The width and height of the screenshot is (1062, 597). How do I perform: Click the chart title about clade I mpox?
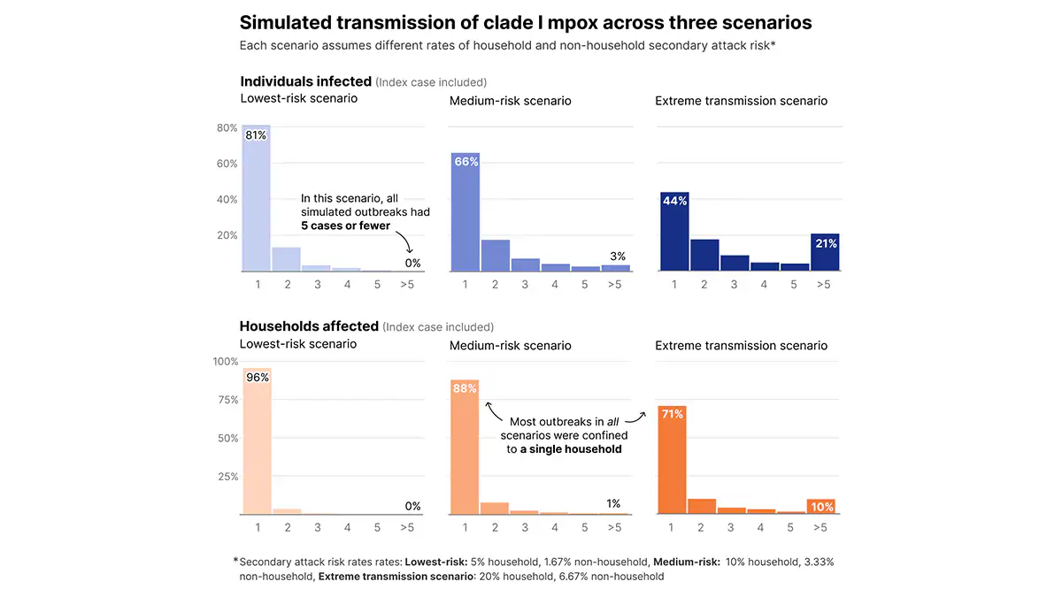(526, 22)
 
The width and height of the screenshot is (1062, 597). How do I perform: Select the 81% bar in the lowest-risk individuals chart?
(257, 199)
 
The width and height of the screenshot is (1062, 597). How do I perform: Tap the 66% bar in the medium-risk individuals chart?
(466, 212)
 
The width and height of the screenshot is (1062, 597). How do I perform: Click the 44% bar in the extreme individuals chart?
(674, 232)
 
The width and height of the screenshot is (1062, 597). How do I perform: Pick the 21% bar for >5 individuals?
(825, 253)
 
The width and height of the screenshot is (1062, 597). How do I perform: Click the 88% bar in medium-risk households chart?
(466, 447)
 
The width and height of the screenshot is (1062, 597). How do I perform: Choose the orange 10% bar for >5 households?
(821, 507)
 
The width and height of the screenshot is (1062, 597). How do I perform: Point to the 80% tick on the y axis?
(227, 127)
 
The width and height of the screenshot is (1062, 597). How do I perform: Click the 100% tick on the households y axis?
(226, 361)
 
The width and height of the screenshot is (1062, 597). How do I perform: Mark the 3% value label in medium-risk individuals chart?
(617, 256)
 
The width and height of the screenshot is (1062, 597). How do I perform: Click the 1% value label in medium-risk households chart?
(613, 504)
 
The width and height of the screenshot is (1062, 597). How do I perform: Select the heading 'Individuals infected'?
(305, 81)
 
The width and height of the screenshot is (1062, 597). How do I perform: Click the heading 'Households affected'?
(309, 326)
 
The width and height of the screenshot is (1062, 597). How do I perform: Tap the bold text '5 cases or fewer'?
(346, 226)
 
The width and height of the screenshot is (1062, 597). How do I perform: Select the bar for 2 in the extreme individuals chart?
(704, 255)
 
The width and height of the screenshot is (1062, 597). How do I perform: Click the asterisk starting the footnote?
(235, 560)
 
